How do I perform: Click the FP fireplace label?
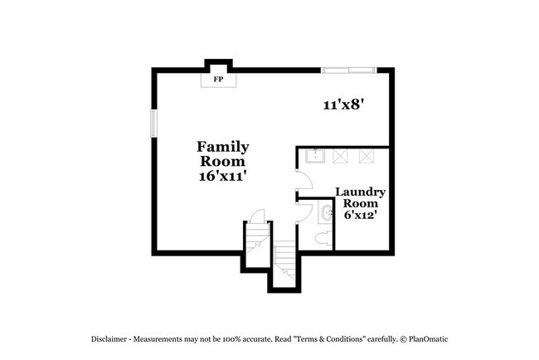point(219,80)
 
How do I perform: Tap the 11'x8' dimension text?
point(344,105)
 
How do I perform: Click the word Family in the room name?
point(222,147)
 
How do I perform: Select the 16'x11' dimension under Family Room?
point(222,177)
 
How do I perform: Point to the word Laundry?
point(360,192)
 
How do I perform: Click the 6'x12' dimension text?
point(360,214)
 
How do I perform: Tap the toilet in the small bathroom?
point(324,238)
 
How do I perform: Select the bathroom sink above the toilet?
point(324,213)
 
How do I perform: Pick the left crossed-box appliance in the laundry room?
point(340,156)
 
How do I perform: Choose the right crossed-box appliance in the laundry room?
point(366,156)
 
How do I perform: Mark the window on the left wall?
point(153,123)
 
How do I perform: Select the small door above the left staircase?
point(257,216)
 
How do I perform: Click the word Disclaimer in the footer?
point(110,339)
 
